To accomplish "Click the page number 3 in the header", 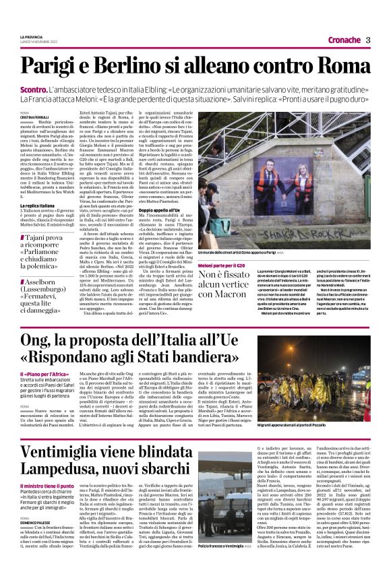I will pyautogui.click(x=368, y=39).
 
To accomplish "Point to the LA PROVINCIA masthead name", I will pyautogui.click(x=31, y=36).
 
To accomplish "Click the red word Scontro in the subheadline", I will pyautogui.click(x=36, y=88).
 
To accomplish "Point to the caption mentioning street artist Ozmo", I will pyautogui.click(x=273, y=253).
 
